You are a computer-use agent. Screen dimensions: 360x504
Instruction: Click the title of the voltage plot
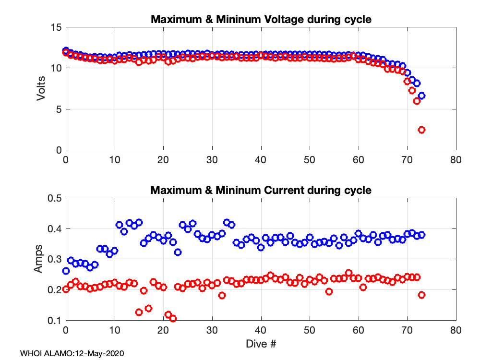(261, 20)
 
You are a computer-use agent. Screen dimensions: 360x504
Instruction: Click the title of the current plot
(261, 190)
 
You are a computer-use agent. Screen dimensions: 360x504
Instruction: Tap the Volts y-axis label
(42, 89)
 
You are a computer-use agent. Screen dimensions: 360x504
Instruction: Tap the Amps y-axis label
(39, 259)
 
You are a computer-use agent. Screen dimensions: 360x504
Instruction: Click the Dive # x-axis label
(261, 344)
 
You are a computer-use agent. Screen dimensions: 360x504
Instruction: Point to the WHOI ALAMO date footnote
(72, 353)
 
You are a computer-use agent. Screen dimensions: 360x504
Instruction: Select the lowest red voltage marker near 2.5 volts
(422, 130)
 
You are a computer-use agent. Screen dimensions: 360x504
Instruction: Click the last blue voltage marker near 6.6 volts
(422, 96)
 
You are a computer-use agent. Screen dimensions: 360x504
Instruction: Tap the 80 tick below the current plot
(456, 331)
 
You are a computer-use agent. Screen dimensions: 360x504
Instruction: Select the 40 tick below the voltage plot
(261, 160)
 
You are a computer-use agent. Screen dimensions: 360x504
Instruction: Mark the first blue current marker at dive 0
(66, 271)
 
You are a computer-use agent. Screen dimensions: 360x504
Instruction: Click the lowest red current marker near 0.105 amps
(173, 318)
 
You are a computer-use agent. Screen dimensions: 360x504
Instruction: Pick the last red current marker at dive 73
(422, 295)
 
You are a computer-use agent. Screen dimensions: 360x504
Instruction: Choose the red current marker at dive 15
(139, 312)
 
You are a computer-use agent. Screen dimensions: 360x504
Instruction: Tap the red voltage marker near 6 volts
(417, 101)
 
